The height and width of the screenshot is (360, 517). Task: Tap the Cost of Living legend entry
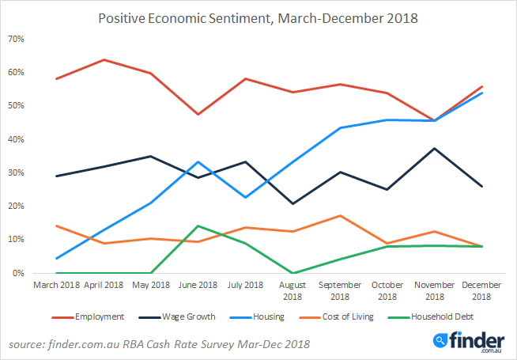343,316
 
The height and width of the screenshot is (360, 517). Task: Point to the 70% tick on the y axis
17,39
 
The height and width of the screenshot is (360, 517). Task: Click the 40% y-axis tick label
17,139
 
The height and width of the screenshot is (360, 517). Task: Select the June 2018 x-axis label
196,285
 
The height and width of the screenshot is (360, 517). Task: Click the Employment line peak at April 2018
104,59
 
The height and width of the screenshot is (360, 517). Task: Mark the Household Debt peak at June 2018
197,225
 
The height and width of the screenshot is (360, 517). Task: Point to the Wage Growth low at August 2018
294,203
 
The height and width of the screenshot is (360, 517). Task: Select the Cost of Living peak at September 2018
340,215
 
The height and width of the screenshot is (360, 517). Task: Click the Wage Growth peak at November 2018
433,148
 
